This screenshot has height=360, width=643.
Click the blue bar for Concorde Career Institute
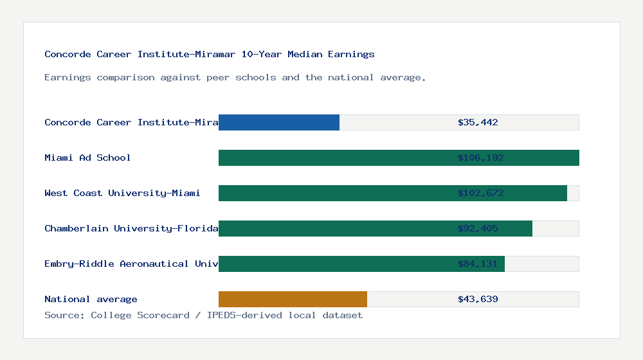click(x=279, y=122)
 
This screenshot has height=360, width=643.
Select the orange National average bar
click(x=293, y=299)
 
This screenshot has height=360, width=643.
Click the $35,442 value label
click(x=478, y=122)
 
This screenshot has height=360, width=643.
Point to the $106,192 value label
click(x=478, y=157)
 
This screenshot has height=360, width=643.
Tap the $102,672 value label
click(x=478, y=193)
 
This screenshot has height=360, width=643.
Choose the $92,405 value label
click(x=478, y=228)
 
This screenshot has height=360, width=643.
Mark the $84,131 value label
click(x=478, y=264)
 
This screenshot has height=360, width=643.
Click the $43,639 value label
click(x=478, y=299)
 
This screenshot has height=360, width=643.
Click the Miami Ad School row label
click(x=87, y=157)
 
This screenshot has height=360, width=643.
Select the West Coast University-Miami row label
click(x=122, y=193)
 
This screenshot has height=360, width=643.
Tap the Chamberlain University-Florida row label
click(x=131, y=228)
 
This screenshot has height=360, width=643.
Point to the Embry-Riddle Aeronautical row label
click(x=131, y=264)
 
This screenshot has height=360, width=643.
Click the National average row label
click(x=91, y=299)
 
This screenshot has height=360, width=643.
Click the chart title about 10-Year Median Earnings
click(x=210, y=54)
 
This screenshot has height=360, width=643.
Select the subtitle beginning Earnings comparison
click(x=235, y=77)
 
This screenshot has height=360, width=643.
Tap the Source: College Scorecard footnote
click(x=203, y=315)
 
